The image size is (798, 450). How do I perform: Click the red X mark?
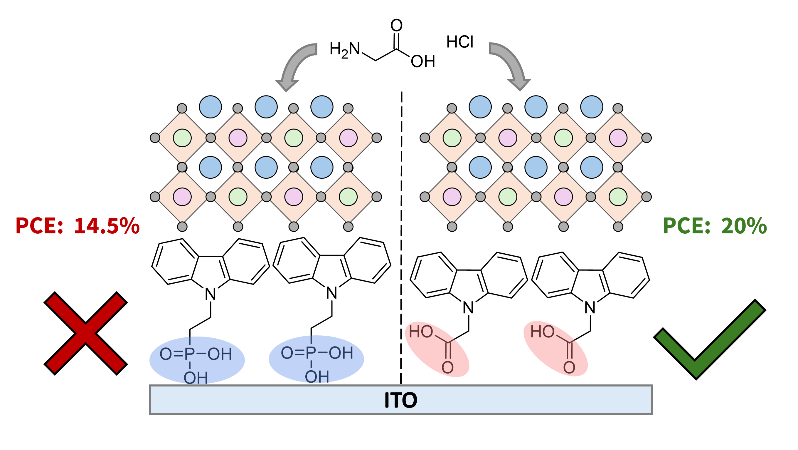85,333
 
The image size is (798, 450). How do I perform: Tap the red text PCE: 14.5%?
78,226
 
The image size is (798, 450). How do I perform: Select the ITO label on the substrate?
400,400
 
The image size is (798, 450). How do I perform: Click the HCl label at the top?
460,42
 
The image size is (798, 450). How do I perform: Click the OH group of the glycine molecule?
423,61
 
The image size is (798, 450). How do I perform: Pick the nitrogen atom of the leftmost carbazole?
210,294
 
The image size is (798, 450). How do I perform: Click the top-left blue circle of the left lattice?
210,107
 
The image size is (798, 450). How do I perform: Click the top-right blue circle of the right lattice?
591,107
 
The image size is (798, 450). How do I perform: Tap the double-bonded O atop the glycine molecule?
396,25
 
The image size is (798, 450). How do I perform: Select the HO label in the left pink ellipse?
421,332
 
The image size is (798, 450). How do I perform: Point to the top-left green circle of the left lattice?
182,138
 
